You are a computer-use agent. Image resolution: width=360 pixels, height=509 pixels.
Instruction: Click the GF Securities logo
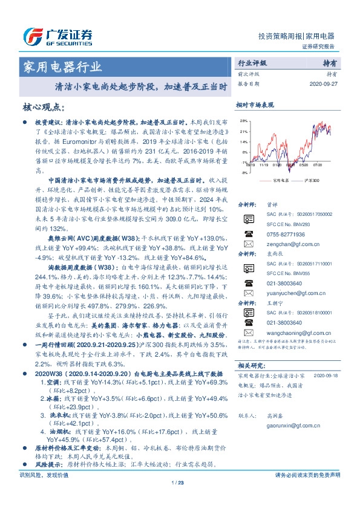click(57, 37)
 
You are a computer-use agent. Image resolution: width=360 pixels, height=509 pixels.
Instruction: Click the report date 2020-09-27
click(326, 84)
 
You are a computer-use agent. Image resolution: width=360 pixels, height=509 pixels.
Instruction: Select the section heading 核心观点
click(44, 106)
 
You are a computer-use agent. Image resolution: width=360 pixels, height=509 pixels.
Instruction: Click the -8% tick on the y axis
click(243, 173)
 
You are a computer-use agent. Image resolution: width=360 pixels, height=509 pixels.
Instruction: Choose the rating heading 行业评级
click(252, 63)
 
